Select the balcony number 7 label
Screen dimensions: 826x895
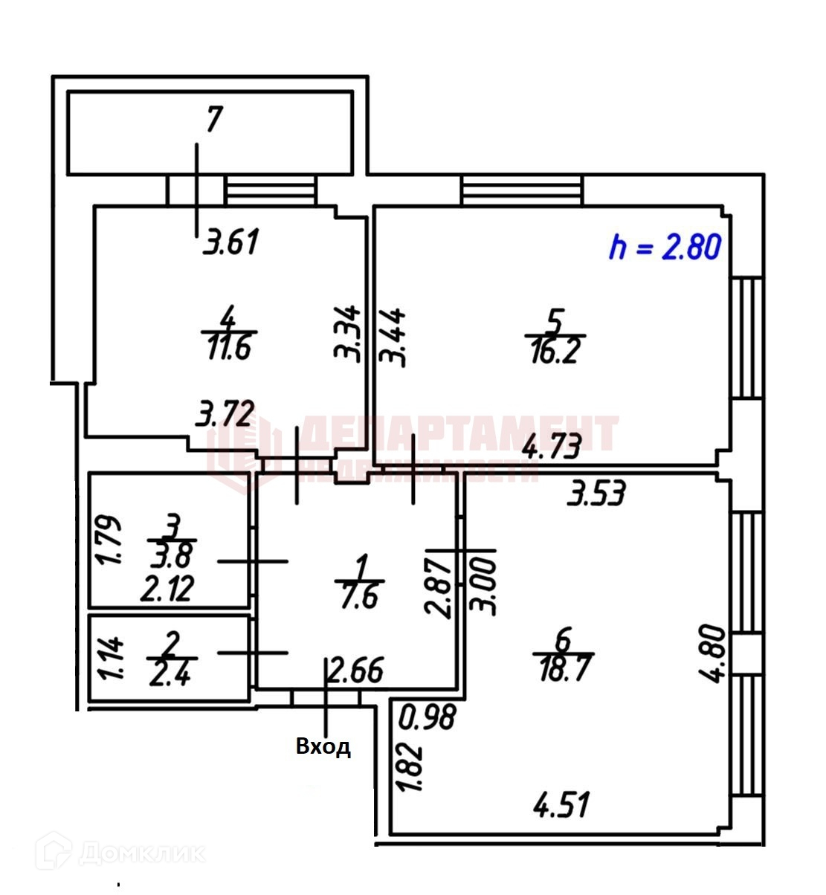tap(214, 120)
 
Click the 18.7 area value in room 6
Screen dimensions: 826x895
tap(562, 669)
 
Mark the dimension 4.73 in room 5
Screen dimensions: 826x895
tap(551, 447)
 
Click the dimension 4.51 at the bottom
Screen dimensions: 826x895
tap(562, 804)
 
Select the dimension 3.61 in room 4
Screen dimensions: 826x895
tap(232, 242)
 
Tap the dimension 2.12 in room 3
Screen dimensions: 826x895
tap(168, 589)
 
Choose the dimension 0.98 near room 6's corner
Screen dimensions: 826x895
tap(427, 718)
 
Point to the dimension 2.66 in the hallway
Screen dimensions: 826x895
tap(356, 671)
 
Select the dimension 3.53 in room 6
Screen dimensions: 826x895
tap(596, 493)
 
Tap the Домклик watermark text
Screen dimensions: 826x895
tap(141, 853)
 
